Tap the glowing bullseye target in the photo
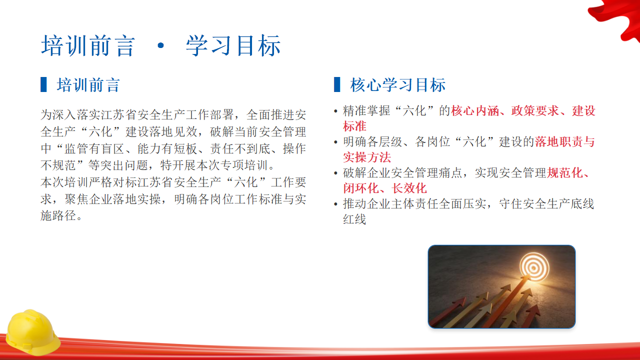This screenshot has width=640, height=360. (534, 267)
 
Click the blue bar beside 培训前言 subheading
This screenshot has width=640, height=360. (43, 84)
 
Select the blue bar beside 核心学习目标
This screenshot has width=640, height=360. (337, 84)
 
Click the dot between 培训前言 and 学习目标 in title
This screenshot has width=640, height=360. (161, 45)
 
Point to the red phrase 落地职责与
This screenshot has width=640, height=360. (565, 141)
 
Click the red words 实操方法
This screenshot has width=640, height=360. (367, 157)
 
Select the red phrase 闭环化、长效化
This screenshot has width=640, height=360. (385, 188)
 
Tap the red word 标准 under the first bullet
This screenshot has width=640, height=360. (354, 126)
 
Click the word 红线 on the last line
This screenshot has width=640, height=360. (354, 219)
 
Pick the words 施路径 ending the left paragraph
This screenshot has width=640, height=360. (58, 215)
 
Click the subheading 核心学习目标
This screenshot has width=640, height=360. (397, 85)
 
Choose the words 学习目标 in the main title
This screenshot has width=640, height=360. (233, 45)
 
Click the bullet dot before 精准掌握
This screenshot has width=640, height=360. (335, 111)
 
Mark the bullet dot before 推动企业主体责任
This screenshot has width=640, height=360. (335, 204)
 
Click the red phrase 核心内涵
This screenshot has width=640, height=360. (475, 110)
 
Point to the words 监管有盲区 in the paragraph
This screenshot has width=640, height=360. (94, 148)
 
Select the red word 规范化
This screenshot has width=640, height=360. (565, 173)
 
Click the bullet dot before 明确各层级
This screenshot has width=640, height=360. (335, 142)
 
